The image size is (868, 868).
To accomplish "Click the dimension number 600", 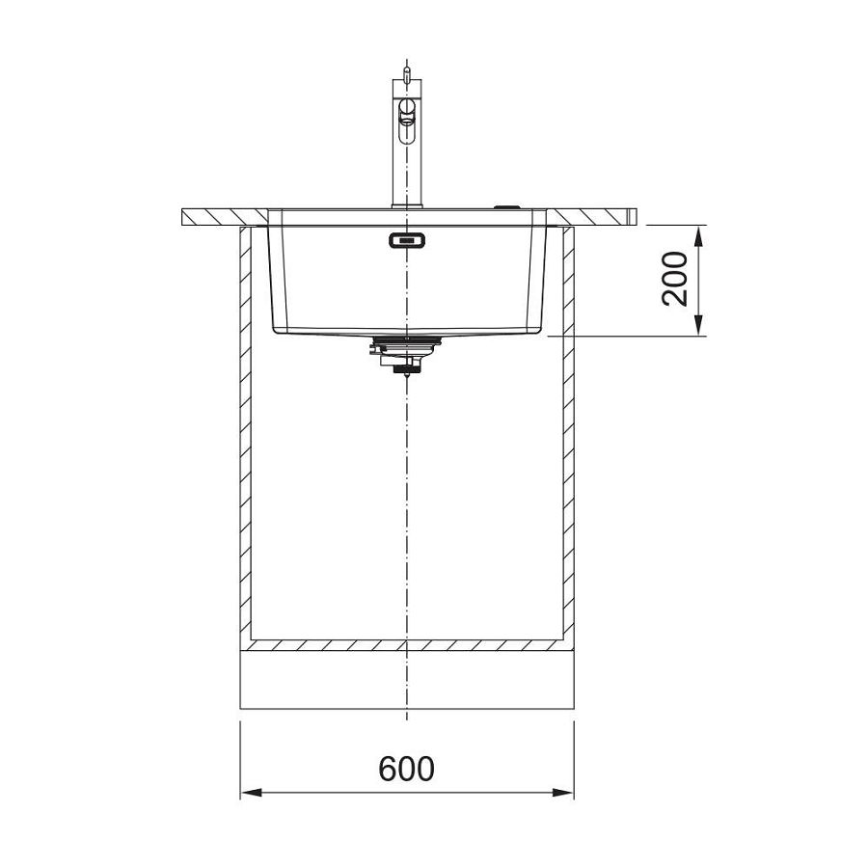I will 406,769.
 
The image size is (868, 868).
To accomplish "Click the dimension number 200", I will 674,279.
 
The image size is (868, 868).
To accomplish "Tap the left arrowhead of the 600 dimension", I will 249,793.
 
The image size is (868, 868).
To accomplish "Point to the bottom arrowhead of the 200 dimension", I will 699,328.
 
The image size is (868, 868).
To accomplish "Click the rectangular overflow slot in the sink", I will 406,239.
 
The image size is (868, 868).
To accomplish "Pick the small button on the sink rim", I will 504,205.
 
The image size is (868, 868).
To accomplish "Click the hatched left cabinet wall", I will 245,434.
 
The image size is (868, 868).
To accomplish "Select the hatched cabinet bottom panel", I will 406,644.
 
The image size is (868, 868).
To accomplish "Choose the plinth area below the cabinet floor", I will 406,685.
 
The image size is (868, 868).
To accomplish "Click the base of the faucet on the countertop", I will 407,205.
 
